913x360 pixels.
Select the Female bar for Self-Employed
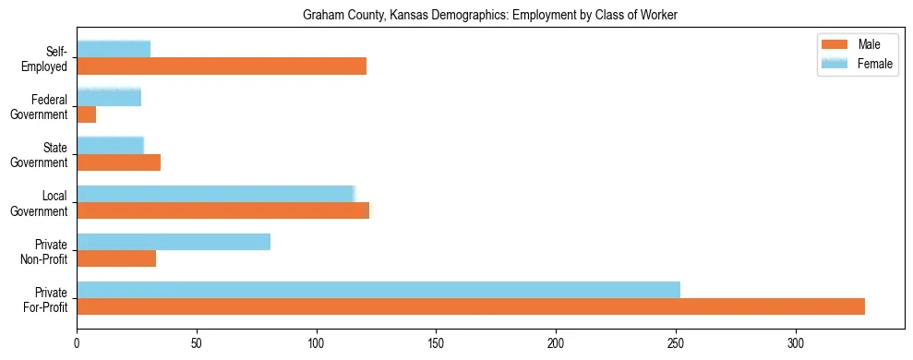pyautogui.click(x=114, y=50)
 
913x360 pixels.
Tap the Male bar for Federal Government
pyautogui.click(x=87, y=114)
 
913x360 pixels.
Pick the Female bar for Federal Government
pyautogui.click(x=109, y=98)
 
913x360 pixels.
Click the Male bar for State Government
pyautogui.click(x=119, y=162)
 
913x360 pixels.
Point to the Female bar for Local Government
pyautogui.click(x=216, y=194)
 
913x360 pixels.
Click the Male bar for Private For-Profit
pyautogui.click(x=471, y=306)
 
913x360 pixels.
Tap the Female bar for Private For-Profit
pyautogui.click(x=378, y=290)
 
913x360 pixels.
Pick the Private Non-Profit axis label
pyautogui.click(x=44, y=251)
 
